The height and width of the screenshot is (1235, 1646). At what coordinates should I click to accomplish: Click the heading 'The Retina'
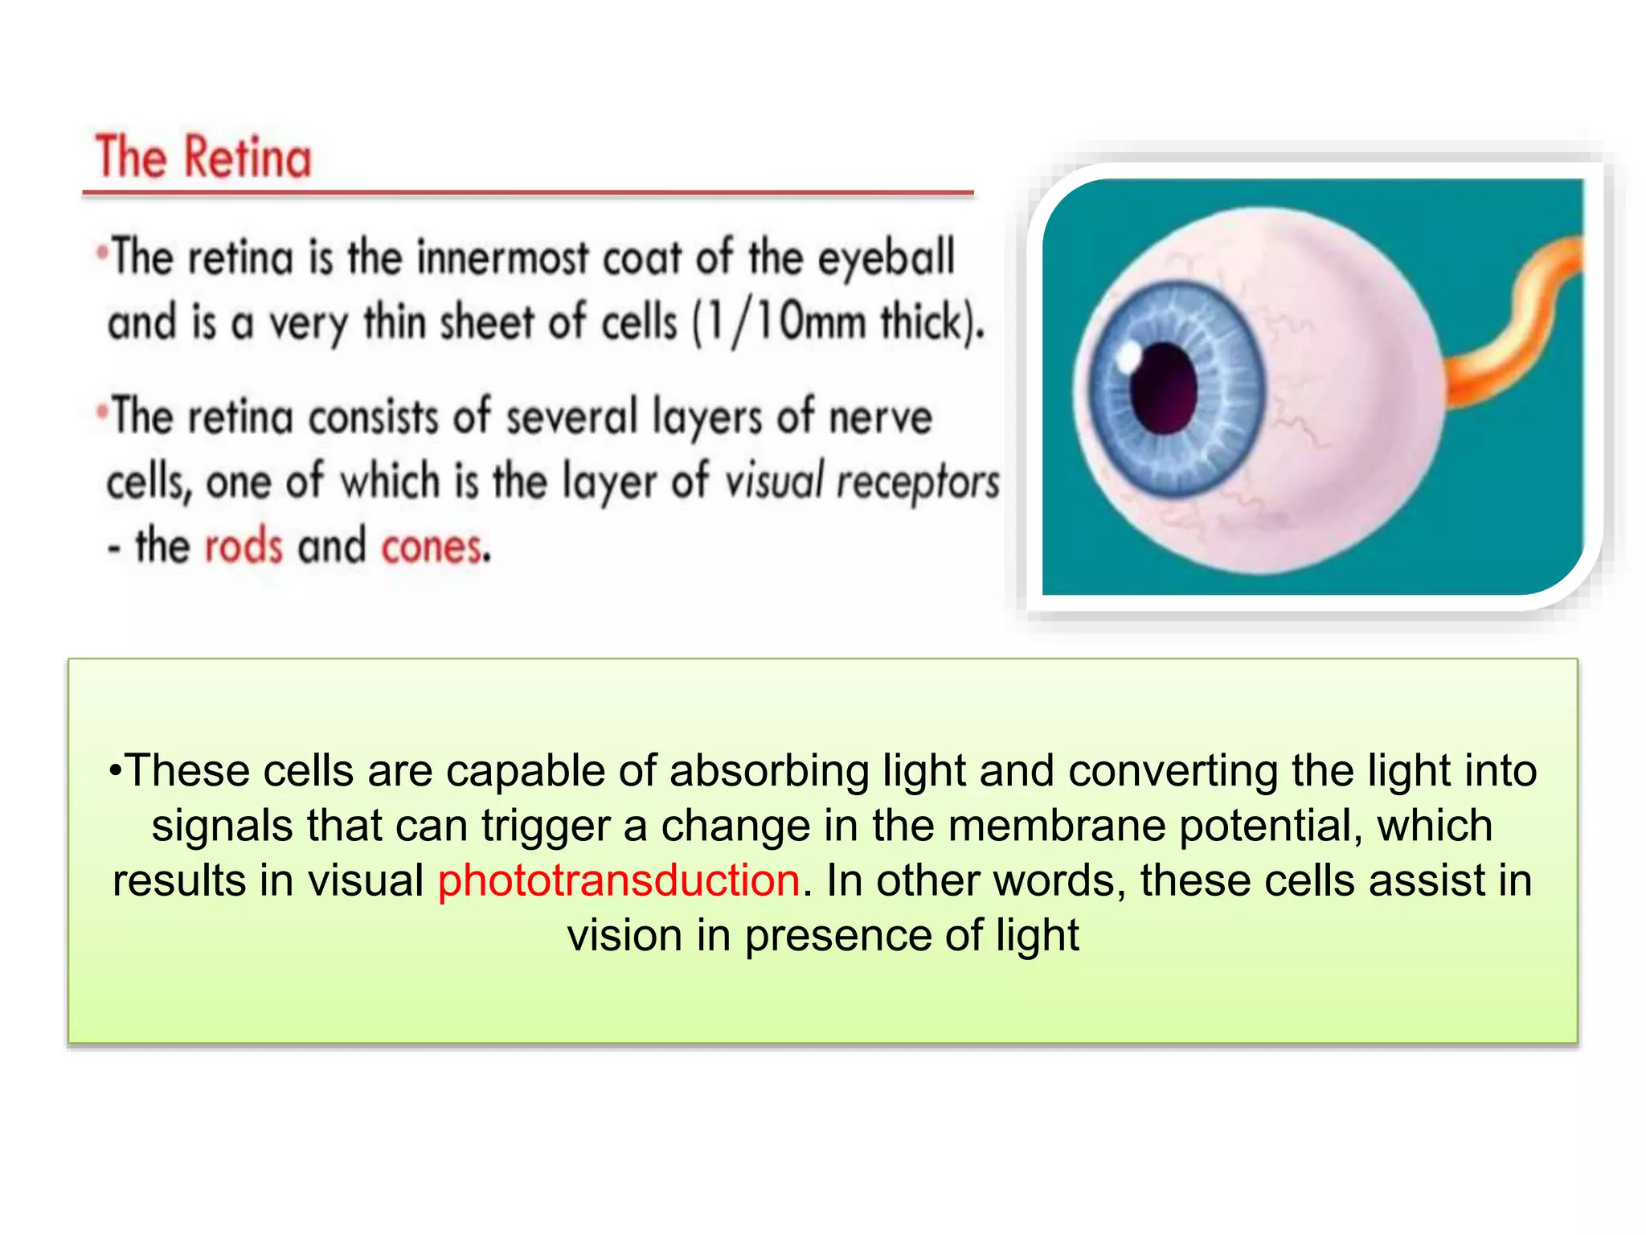click(x=203, y=157)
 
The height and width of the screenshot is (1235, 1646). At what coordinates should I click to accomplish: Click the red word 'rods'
click(x=244, y=546)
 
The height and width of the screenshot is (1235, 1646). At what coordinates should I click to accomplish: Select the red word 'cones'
click(x=434, y=548)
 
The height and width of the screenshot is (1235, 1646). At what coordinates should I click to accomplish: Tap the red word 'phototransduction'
click(x=619, y=880)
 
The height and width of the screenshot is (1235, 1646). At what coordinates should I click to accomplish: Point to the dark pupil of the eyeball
click(x=1163, y=388)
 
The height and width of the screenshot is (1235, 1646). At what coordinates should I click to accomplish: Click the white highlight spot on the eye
click(x=1129, y=355)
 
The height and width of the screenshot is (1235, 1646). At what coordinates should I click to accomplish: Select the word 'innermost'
click(x=503, y=258)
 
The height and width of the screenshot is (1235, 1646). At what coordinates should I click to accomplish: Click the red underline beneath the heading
click(x=527, y=194)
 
